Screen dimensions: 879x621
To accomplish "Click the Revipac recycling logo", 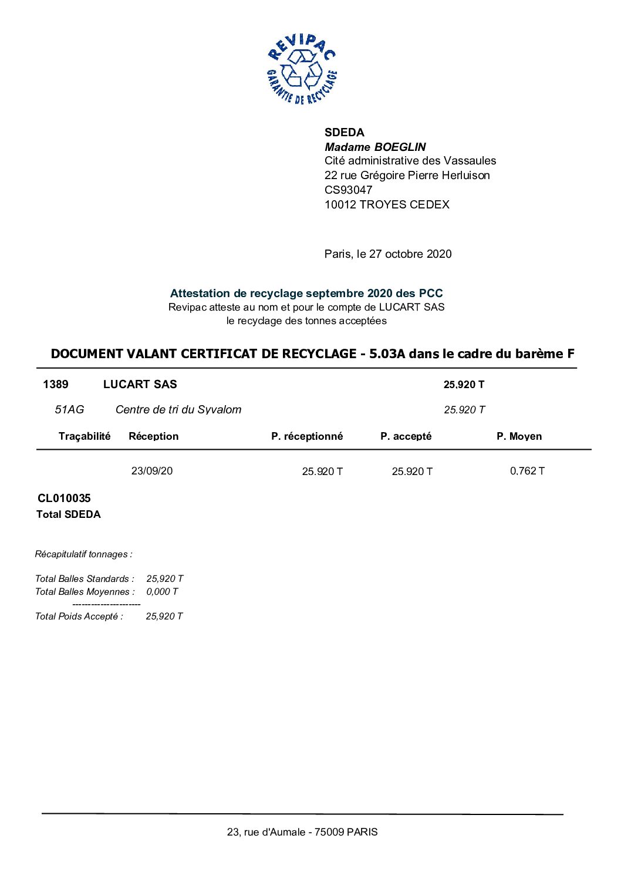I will [302, 69].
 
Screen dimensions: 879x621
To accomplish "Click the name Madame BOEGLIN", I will [375, 147].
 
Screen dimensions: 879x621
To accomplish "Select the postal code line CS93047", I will [348, 190].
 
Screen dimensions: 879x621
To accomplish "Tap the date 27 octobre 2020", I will [410, 254].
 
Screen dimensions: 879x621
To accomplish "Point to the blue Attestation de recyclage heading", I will [306, 293].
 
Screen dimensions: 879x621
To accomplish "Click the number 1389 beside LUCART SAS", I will [56, 385].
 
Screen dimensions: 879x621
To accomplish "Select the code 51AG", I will [69, 409].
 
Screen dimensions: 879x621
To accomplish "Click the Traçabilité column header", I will [85, 436].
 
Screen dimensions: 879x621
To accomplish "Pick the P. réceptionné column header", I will [307, 436].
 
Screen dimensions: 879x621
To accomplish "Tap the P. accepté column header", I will [406, 436].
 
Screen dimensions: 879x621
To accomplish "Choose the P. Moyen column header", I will [519, 436].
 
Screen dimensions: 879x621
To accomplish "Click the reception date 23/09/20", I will [152, 471].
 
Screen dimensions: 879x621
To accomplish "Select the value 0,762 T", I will [527, 471].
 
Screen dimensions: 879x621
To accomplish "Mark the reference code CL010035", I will [64, 499].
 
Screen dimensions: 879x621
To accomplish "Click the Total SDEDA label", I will [68, 514].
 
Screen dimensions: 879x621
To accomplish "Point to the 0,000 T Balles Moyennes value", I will [162, 592].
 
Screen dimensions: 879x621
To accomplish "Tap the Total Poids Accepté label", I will [79, 616].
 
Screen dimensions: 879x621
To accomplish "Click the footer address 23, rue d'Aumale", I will [302, 832].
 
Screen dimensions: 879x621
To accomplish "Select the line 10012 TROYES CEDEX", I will [387, 204].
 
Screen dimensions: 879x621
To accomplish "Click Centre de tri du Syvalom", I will [178, 409].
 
